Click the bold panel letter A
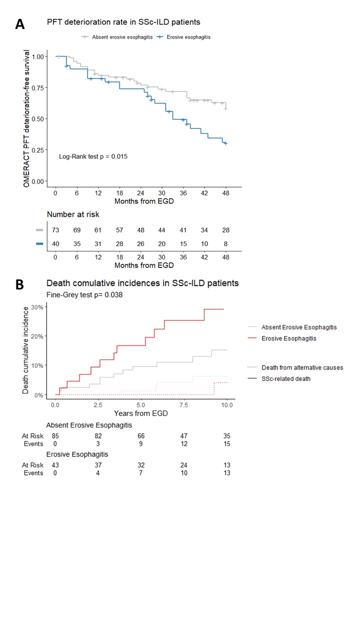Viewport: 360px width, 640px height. point(20,24)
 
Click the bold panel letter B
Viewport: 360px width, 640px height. point(19,284)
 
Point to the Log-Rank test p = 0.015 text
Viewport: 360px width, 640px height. point(93,156)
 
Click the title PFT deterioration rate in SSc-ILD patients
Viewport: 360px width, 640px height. point(124,22)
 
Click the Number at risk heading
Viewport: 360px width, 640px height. point(73,214)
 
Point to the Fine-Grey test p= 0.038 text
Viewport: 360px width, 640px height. point(84,295)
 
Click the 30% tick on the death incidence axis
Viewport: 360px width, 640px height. point(36,306)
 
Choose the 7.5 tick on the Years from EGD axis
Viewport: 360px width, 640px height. point(184,404)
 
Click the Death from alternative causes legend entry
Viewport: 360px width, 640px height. point(302,367)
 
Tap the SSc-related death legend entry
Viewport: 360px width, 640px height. point(285,379)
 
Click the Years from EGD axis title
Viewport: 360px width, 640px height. point(141,413)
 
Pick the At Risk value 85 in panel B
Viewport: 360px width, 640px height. point(55,436)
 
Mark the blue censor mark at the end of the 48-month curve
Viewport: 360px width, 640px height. point(225,143)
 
